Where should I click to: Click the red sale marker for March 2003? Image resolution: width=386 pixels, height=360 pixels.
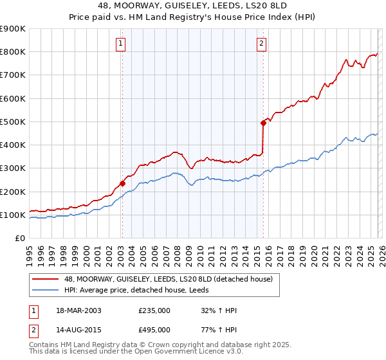(x=122, y=183)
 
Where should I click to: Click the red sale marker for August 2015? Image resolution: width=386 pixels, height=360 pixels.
(x=263, y=123)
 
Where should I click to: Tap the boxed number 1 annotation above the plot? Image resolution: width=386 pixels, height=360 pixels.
(x=120, y=44)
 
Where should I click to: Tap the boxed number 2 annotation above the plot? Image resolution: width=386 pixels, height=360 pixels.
(x=262, y=44)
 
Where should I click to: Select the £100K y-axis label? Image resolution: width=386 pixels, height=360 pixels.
(x=13, y=215)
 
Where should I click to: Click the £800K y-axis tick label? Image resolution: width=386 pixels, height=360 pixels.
(x=13, y=51)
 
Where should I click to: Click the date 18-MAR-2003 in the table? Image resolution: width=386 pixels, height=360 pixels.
(x=78, y=310)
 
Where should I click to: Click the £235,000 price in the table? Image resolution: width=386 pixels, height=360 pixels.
(x=154, y=310)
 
